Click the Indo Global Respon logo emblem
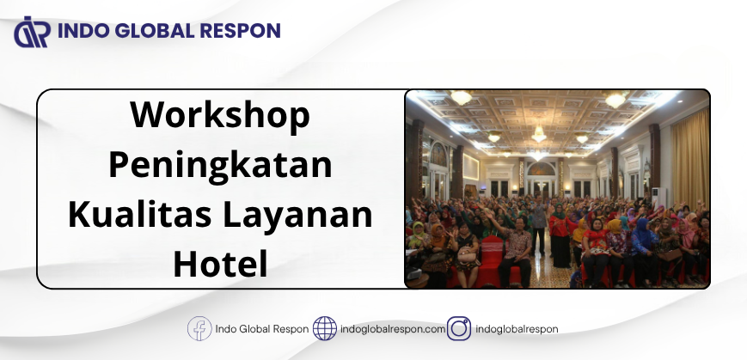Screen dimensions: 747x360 (32, 32)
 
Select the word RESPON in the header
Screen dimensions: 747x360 (240, 30)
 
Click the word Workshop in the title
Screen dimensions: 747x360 (220, 116)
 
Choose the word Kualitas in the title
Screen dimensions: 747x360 (139, 215)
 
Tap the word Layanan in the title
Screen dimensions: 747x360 (297, 217)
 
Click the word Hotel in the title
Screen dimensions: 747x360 (220, 264)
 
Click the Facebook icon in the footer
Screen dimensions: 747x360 (199, 328)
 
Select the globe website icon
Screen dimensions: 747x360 (325, 328)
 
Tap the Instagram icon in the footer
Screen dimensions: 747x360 (459, 328)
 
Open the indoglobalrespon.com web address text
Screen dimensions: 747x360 (393, 329)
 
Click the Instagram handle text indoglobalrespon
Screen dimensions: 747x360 (517, 329)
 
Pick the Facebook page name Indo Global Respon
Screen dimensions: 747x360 (262, 329)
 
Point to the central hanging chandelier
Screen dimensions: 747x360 (539, 134)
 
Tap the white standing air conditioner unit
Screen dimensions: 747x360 (658, 196)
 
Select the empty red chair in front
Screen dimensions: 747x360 (491, 261)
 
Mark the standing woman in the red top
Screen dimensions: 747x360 (560, 235)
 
